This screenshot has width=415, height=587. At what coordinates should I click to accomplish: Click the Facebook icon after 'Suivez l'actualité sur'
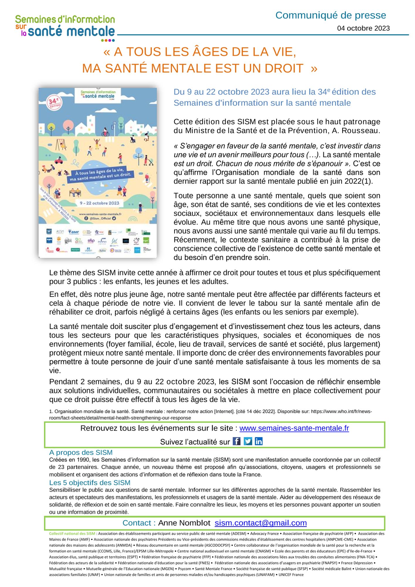click(x=236, y=441)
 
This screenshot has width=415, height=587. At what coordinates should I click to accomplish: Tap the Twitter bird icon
click(x=248, y=441)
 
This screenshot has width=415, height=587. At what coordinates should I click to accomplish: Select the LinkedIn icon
click(x=259, y=441)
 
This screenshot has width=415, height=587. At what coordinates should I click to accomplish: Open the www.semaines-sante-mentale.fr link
click(x=294, y=428)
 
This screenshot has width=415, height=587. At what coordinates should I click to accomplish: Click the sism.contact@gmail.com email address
click(x=261, y=523)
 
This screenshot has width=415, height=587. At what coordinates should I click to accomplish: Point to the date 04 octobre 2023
click(x=363, y=28)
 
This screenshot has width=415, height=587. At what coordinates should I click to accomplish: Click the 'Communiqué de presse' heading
click(x=331, y=15)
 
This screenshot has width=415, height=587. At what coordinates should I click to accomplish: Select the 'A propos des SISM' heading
click(x=81, y=452)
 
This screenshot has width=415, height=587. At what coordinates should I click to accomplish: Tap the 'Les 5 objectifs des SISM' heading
click(x=89, y=483)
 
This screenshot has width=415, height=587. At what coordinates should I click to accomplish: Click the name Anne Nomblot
click(x=184, y=523)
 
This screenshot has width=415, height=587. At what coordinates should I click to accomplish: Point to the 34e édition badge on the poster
click(x=54, y=102)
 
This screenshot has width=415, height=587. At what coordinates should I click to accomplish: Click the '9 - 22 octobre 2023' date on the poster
click(x=99, y=203)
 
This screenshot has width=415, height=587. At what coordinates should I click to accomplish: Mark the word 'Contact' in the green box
click(x=137, y=523)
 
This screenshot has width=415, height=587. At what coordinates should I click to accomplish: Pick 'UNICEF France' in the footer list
click(x=291, y=575)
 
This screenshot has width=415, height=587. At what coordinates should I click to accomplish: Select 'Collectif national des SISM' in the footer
click(x=72, y=534)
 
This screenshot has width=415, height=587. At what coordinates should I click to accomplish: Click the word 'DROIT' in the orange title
click(x=284, y=68)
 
